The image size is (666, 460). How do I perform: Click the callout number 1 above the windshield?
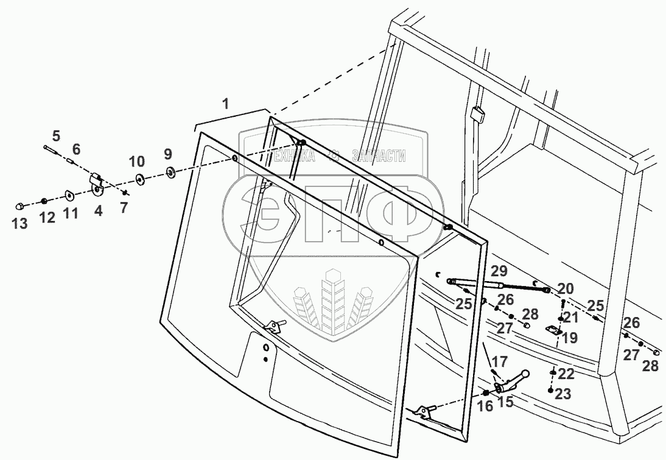click(226, 104)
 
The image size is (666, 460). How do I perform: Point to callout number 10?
click(137, 162)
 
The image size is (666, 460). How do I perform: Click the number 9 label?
click(167, 153)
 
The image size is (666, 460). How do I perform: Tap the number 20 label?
click(565, 288)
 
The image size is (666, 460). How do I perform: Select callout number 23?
click(563, 394)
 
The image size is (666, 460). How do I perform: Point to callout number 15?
click(505, 402)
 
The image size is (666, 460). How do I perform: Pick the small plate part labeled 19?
click(553, 330)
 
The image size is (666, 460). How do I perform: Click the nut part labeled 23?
click(551, 391)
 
